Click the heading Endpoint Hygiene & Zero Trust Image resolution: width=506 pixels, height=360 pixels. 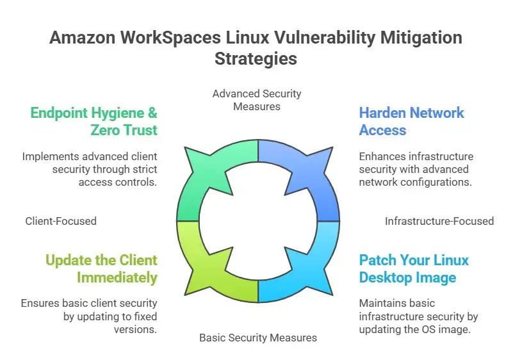pyautogui.click(x=94, y=122)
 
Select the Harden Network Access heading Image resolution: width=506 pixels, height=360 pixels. pyautogui.click(x=411, y=122)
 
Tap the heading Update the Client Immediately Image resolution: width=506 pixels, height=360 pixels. pyautogui.click(x=101, y=269)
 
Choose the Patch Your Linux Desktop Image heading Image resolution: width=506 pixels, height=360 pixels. pyautogui.click(x=414, y=269)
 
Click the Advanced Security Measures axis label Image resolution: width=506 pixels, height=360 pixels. pyautogui.click(x=257, y=100)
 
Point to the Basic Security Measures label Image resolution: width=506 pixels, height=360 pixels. pyautogui.click(x=257, y=338)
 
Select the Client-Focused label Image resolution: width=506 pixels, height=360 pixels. pyautogui.click(x=61, y=221)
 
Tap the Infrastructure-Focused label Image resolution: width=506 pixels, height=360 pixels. pyautogui.click(x=439, y=221)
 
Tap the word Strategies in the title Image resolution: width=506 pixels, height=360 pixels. pyautogui.click(x=256, y=58)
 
